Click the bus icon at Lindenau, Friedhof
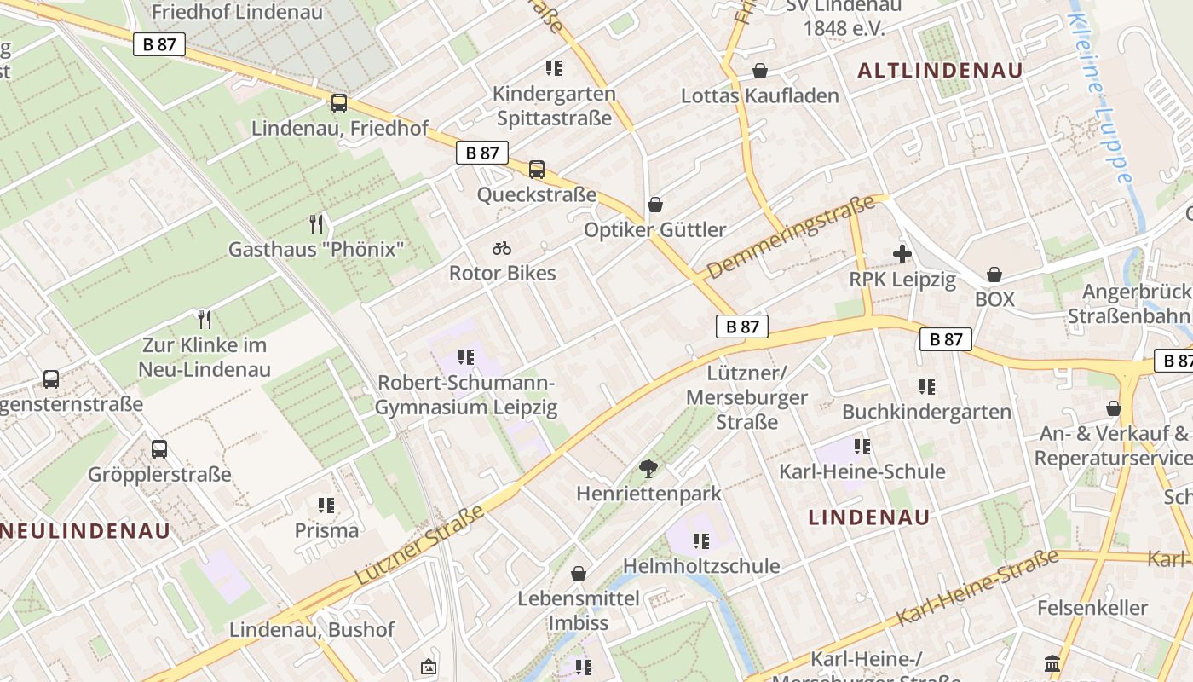click(339, 103)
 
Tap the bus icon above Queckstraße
click(536, 170)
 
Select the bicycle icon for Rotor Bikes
click(502, 248)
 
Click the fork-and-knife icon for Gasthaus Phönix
click(316, 224)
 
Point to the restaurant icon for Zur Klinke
click(205, 320)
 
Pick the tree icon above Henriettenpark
click(648, 468)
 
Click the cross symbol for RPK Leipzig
click(902, 254)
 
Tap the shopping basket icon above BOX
click(994, 275)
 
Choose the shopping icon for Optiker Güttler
click(654, 205)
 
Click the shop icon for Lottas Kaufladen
click(759, 71)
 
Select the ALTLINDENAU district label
click(939, 71)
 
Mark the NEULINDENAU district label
click(85, 530)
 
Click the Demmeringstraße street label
click(790, 237)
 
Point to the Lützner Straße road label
click(418, 544)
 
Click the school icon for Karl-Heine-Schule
click(862, 447)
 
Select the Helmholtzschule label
click(701, 566)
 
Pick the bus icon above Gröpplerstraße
click(159, 449)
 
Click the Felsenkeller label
click(1092, 608)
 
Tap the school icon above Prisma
click(326, 506)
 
